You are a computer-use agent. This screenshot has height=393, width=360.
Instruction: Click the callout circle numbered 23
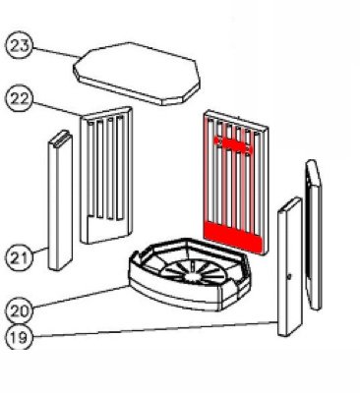[x=20, y=45]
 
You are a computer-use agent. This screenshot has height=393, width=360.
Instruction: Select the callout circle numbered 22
[x=20, y=98]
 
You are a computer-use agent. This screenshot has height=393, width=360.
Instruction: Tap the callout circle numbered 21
[x=20, y=257]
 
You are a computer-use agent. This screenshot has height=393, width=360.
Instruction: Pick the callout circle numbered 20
[x=20, y=309]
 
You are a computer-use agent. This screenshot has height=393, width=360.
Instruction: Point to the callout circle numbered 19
[x=20, y=337]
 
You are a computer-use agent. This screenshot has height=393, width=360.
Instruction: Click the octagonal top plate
[x=136, y=74]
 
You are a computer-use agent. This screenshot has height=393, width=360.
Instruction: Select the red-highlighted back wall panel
[x=236, y=183]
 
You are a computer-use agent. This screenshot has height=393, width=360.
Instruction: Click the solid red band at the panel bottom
[x=232, y=237]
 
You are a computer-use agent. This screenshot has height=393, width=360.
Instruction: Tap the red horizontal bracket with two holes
[x=233, y=144]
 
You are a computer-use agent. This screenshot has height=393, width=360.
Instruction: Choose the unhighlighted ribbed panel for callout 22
[x=106, y=175]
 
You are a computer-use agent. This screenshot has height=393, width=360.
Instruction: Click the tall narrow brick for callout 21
[x=60, y=200]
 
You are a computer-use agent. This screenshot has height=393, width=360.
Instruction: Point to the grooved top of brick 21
[x=61, y=137]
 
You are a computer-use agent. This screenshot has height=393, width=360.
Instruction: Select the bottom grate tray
[x=190, y=274]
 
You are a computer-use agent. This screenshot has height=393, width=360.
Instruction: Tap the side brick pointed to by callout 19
[x=289, y=267]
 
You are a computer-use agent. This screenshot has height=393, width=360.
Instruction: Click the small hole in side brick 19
[x=288, y=277]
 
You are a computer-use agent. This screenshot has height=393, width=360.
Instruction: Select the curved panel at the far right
[x=313, y=235]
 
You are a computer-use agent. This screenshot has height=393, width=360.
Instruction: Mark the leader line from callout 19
[x=155, y=329]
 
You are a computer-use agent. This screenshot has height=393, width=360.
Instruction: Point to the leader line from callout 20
[x=80, y=298]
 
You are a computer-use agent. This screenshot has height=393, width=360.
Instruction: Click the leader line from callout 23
[x=56, y=53]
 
